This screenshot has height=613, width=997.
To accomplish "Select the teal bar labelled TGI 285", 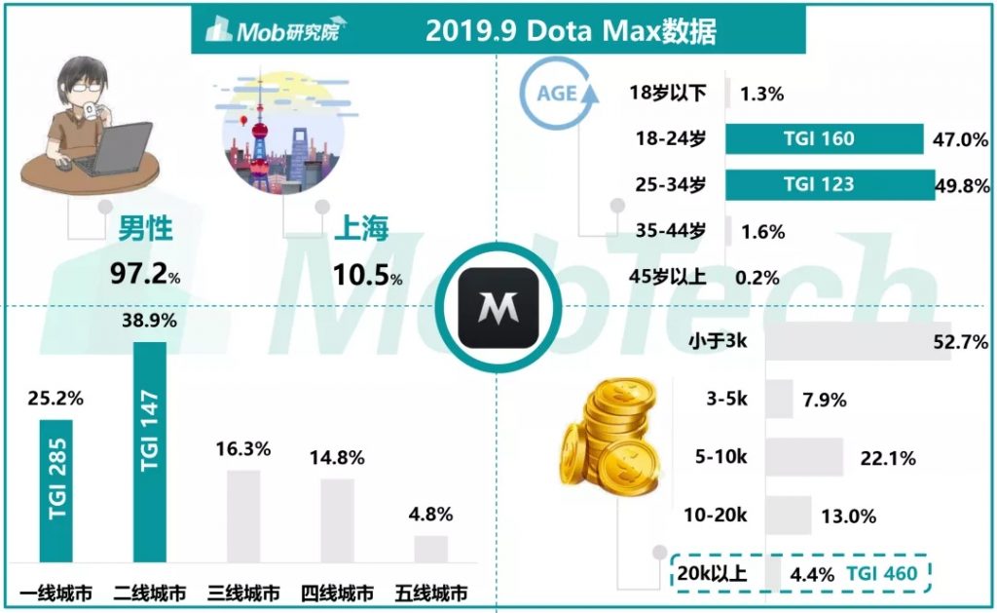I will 55,491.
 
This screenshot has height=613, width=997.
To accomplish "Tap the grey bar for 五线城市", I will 430,549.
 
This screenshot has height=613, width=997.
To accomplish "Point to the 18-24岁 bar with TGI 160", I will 824,138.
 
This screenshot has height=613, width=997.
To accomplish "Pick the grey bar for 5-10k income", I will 804,457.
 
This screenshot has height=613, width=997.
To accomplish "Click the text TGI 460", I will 881,573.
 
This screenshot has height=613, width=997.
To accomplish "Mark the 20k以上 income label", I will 712,573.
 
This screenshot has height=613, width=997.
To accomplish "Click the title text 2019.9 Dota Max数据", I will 571,31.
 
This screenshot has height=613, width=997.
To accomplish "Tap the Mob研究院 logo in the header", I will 277,32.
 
